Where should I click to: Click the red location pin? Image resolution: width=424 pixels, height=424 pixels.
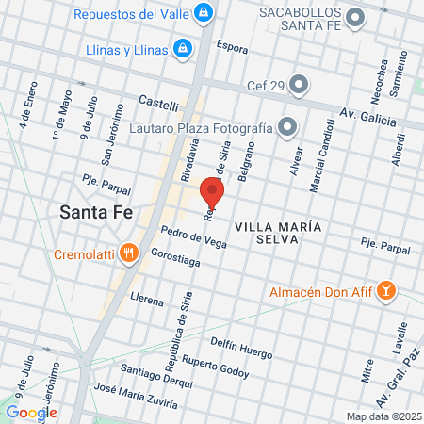point(212,192)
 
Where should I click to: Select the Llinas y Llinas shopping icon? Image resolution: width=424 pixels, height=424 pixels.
point(182,47)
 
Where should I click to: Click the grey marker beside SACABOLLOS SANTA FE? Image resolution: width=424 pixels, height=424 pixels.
point(355,17)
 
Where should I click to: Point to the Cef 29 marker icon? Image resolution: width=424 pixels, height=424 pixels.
point(299,86)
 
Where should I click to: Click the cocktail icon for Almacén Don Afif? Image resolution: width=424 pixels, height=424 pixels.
point(384,292)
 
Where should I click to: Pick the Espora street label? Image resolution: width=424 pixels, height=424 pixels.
point(232,46)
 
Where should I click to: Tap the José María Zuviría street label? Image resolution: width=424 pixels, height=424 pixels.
point(137,396)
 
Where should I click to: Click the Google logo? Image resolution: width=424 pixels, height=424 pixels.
point(31,412)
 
